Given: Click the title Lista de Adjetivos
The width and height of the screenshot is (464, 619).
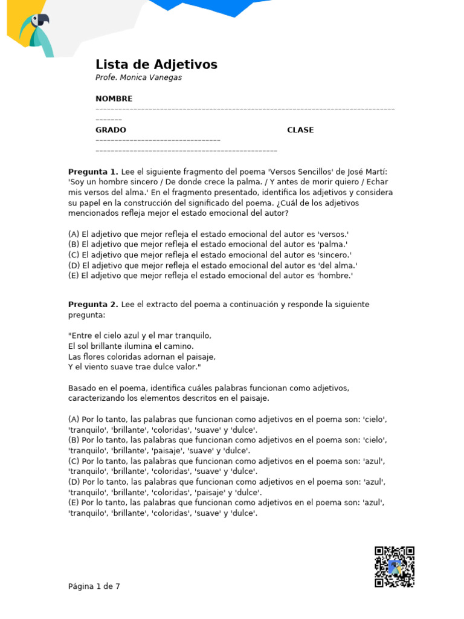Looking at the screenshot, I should pos(156,65).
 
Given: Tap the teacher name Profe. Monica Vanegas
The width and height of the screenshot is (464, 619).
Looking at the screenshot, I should pos(138,77).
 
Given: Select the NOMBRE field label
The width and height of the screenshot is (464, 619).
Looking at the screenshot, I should pos(114,99).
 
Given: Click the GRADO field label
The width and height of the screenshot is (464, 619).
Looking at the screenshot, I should pos(111,130).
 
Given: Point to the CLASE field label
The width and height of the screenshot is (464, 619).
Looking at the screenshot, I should pos(300,130).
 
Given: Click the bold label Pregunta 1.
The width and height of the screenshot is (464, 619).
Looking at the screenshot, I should pos(93,172).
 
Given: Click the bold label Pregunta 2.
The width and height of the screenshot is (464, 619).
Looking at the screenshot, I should pos(93,304).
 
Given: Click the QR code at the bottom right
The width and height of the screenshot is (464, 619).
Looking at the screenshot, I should pos(394,566).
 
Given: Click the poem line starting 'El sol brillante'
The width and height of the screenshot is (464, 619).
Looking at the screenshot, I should pos(131,346).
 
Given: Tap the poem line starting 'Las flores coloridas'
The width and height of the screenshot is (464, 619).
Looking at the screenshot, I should pos(141,356).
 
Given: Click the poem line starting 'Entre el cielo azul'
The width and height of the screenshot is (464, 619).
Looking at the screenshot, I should pos(140,335).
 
